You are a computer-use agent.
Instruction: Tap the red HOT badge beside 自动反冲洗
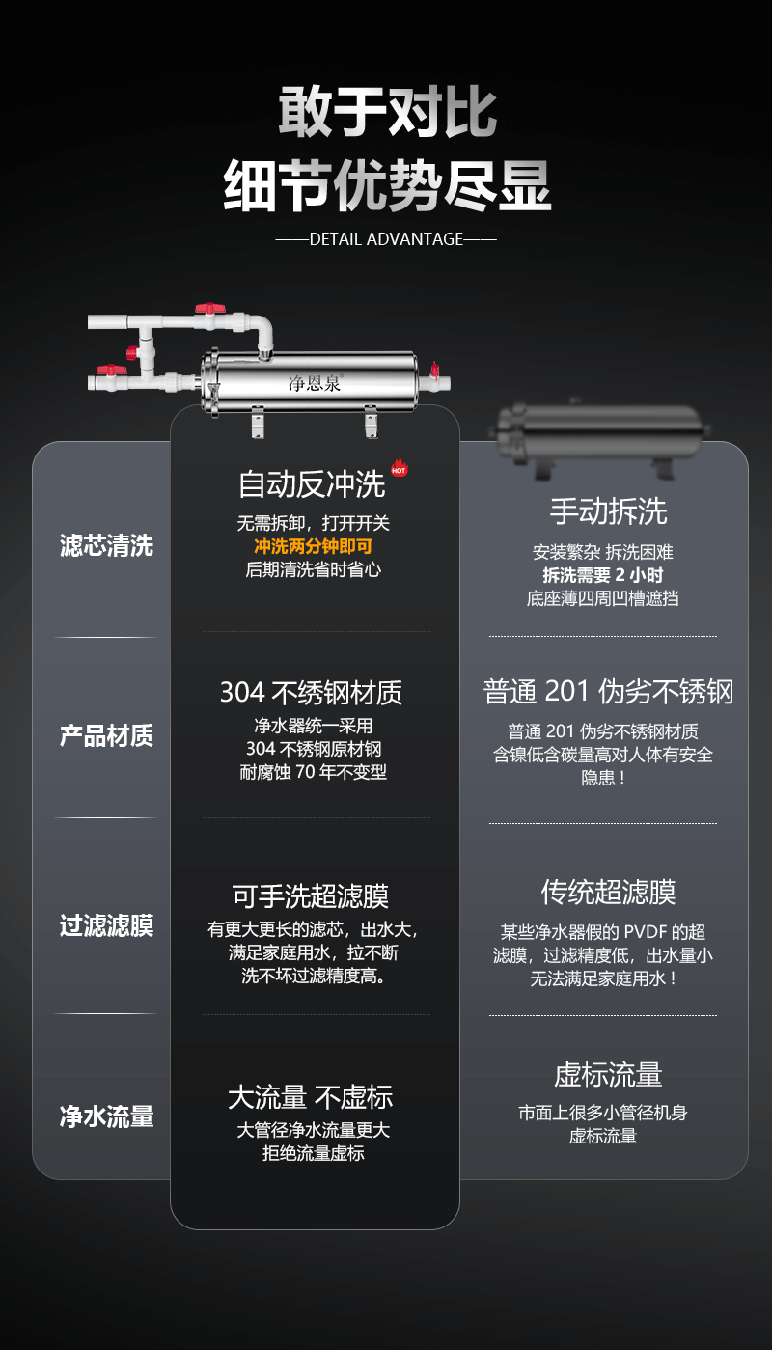[400, 470]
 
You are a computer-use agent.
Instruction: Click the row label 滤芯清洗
[106, 545]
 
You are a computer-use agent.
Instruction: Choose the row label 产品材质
[106, 735]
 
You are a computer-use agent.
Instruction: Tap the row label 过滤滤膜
[106, 926]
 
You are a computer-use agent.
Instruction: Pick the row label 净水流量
[106, 1116]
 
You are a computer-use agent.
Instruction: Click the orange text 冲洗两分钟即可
[313, 546]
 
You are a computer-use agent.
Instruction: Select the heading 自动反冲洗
[312, 484]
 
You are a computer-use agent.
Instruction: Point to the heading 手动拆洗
[608, 511]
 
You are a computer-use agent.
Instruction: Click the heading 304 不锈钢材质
[311, 693]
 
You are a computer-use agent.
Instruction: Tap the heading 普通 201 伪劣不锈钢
[608, 692]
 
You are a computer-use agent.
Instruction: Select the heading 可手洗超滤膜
[311, 895]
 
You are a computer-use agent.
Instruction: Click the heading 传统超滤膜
[608, 892]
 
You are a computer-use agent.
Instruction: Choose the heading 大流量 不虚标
[311, 1097]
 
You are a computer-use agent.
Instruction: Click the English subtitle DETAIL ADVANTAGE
[386, 239]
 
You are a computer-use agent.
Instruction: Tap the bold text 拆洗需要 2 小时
[603, 575]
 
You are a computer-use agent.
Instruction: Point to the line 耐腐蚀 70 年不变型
[313, 773]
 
